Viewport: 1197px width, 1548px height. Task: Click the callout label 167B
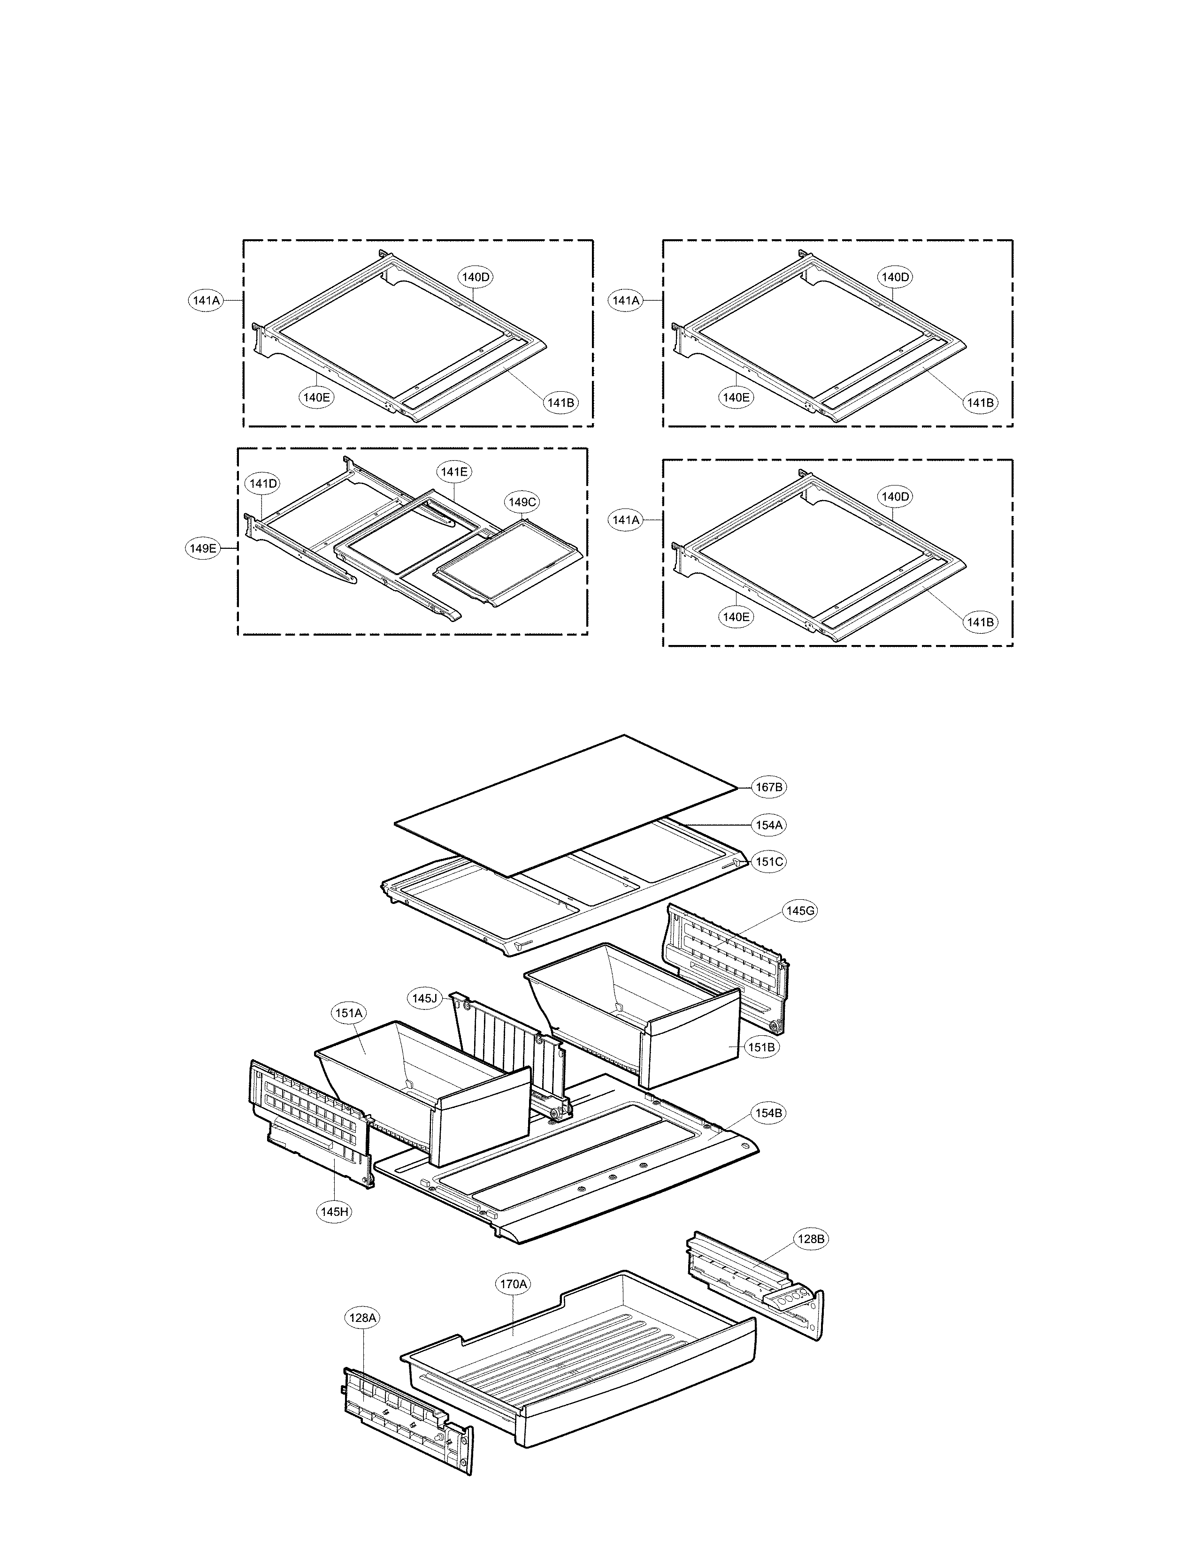769,787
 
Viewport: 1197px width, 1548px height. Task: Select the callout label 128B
811,1239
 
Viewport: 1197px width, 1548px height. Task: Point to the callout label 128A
362,1318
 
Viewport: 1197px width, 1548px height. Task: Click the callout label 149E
203,548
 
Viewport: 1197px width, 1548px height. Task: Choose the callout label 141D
262,483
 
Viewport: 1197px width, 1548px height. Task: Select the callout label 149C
522,502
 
